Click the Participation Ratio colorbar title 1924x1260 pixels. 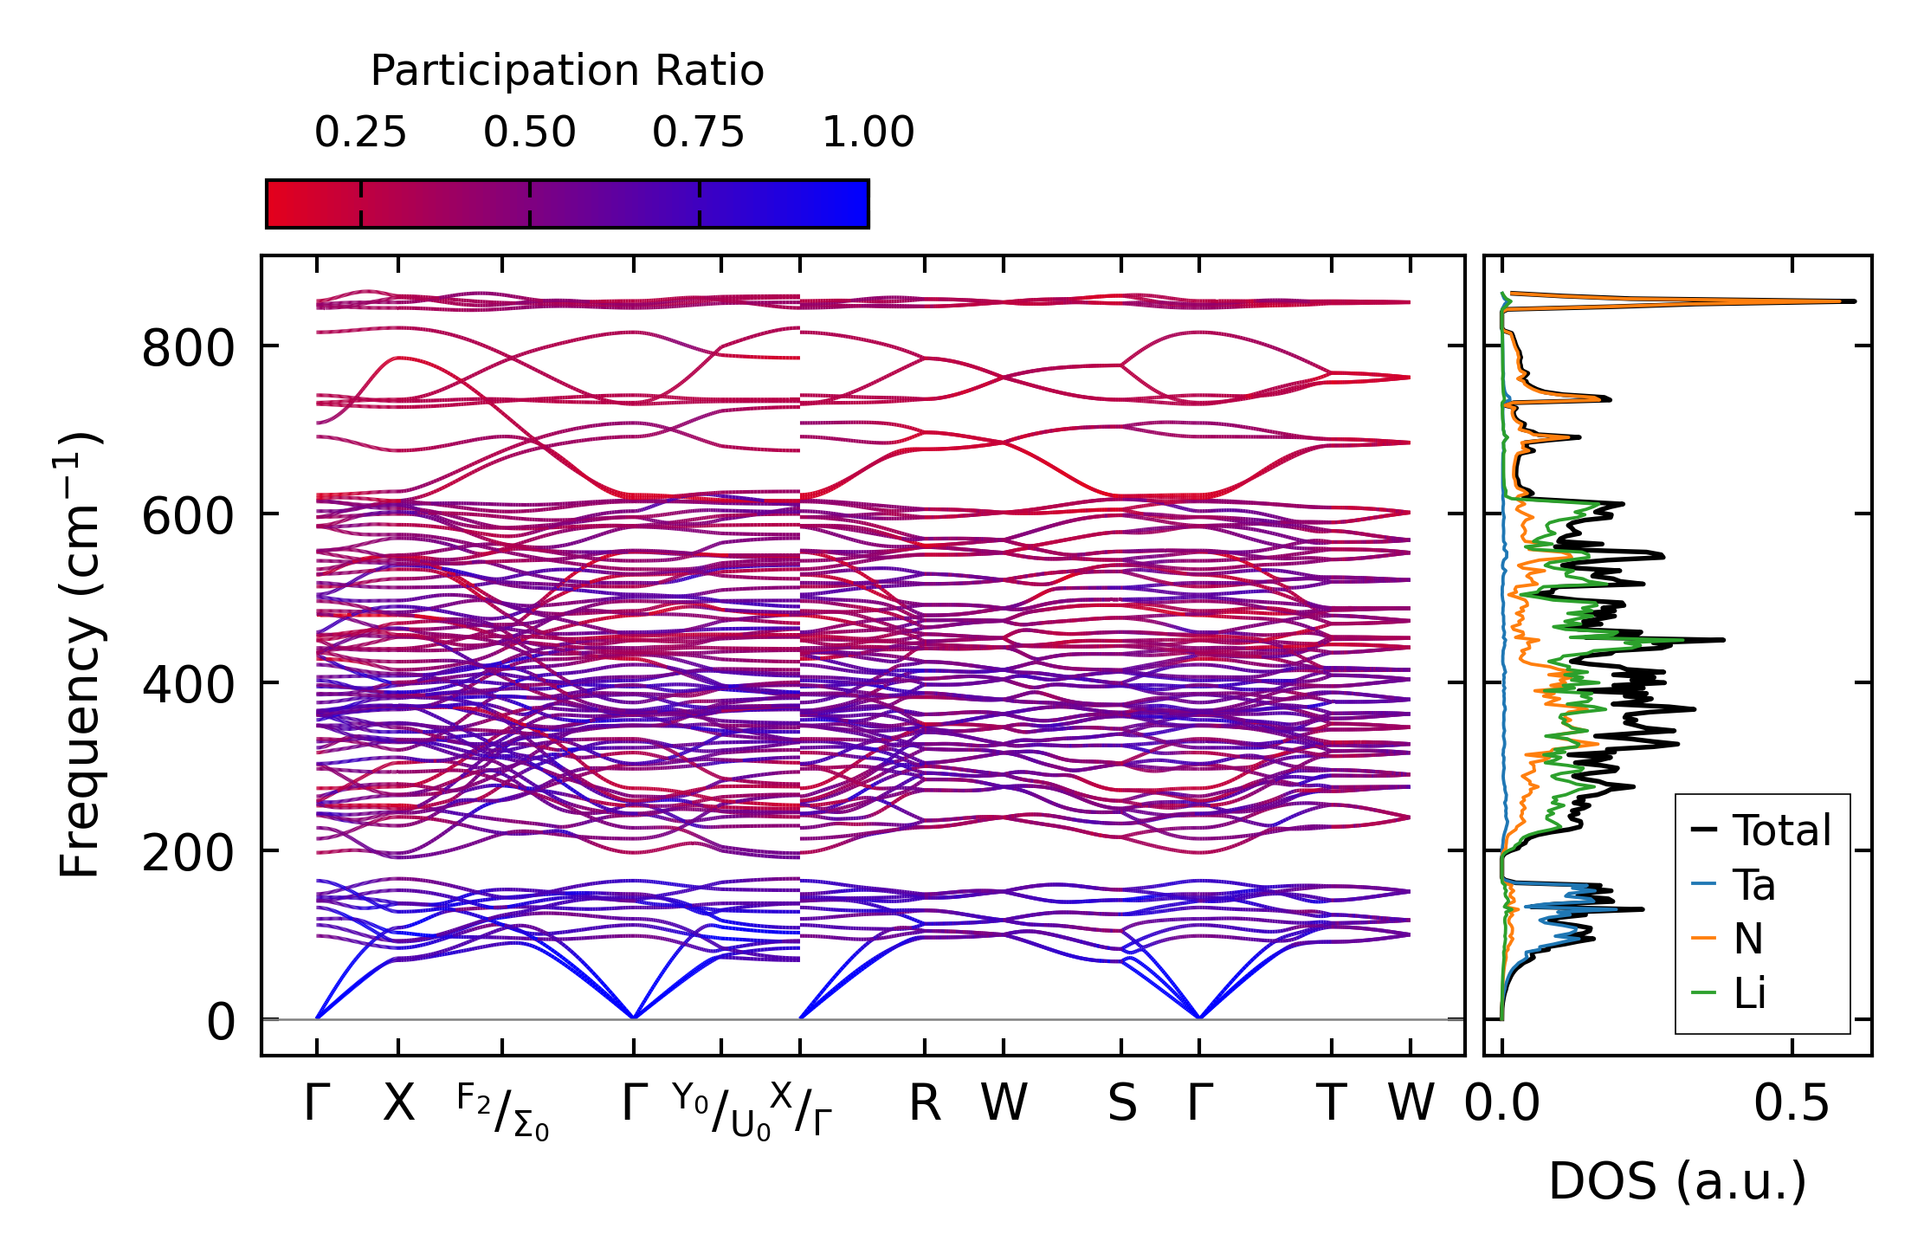pos(567,71)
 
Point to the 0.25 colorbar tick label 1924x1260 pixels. pos(360,133)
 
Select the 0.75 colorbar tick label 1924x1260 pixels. pos(698,133)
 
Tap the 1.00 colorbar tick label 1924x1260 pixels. pos(868,133)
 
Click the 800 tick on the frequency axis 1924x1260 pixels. pos(188,349)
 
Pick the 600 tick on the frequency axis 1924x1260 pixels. pos(188,517)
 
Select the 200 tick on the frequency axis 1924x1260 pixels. pos(188,854)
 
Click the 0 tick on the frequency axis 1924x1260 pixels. pos(221,1022)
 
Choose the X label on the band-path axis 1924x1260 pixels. pos(398,1103)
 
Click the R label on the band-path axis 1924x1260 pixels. pos(925,1103)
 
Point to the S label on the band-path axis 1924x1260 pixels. pos(1121,1103)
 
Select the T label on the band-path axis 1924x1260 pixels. pos(1331,1103)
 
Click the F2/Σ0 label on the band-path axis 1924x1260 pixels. pos(502,1112)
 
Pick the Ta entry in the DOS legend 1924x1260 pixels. pos(1753,885)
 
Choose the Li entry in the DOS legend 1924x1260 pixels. pos(1749,992)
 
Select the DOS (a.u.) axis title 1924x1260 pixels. pos(1677,1181)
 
